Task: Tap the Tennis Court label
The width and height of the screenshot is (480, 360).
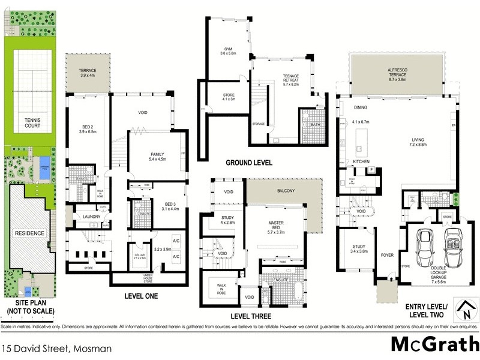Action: click(x=31, y=122)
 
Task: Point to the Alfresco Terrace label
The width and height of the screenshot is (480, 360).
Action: click(x=398, y=74)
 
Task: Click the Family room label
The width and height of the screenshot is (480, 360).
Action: click(x=157, y=157)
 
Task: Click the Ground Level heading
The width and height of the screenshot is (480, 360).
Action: click(x=248, y=163)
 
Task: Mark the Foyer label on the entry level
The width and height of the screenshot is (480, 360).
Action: click(x=387, y=255)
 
